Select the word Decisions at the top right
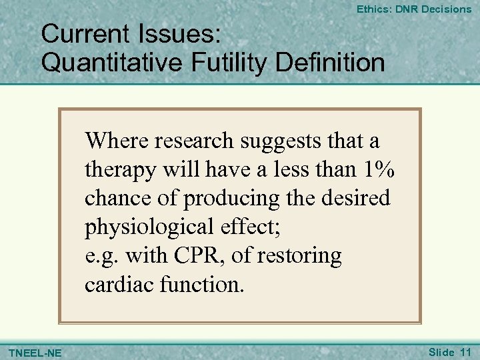[x=445, y=9]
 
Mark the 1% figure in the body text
[x=379, y=169]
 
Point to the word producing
[x=223, y=199]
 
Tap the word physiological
[x=141, y=227]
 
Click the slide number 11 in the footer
[x=465, y=351]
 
